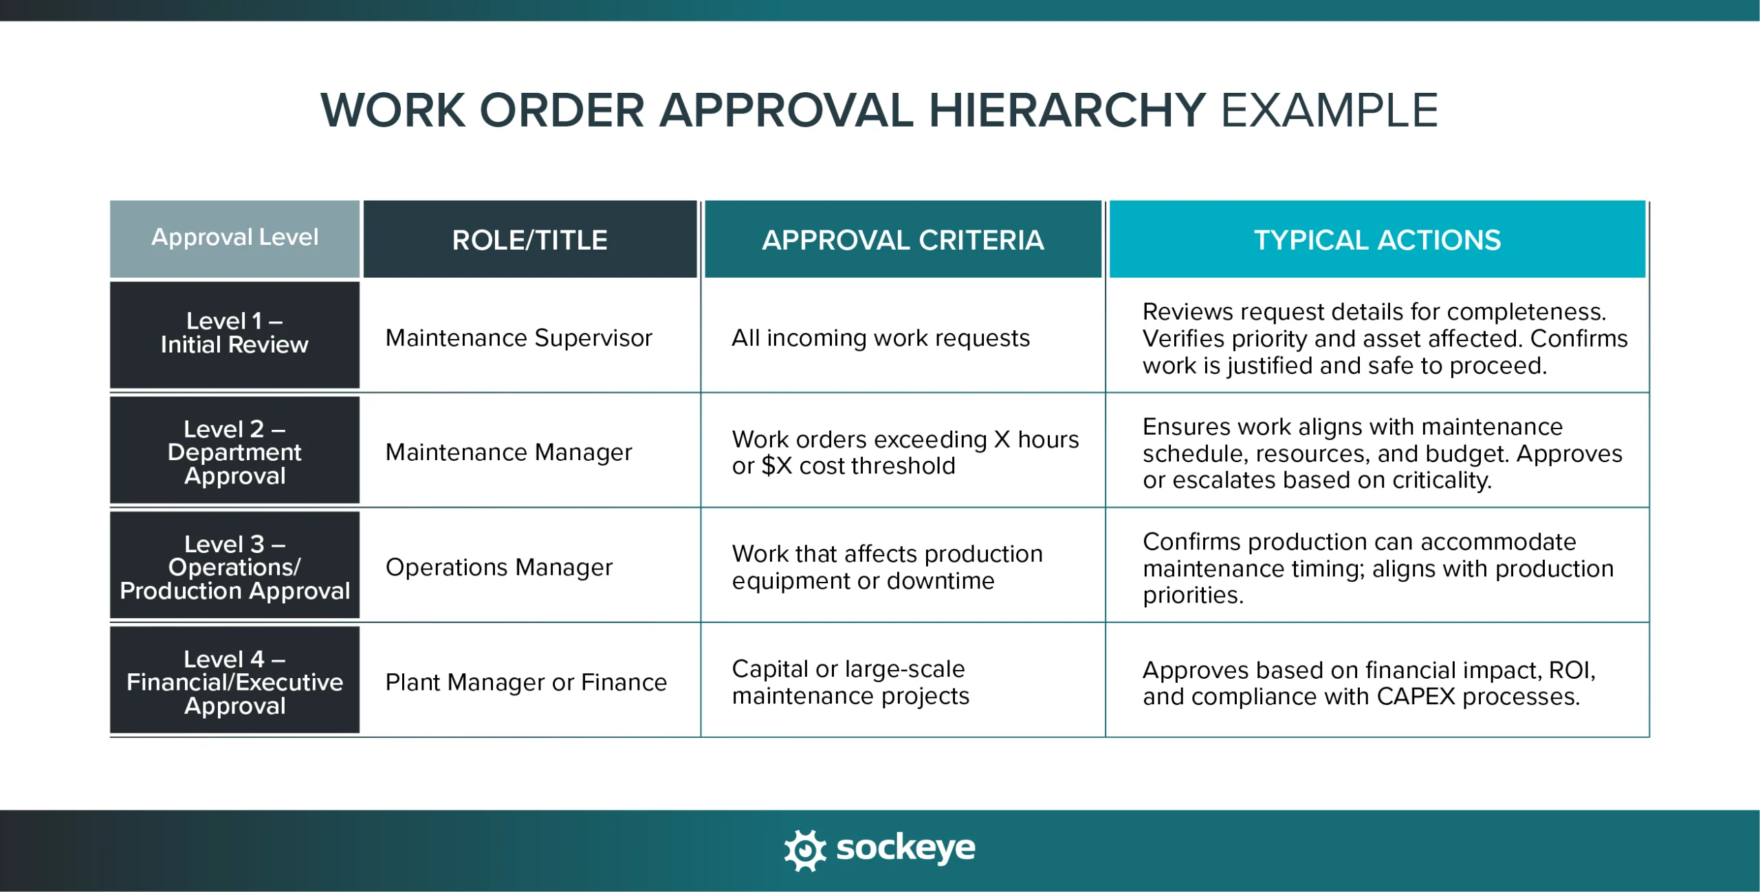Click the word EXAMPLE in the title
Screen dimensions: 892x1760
click(1328, 110)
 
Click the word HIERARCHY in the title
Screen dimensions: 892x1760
click(1067, 110)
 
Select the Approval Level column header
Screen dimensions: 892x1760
click(234, 238)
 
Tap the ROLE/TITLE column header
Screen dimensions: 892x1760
click(529, 240)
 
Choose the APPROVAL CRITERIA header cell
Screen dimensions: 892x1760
click(903, 240)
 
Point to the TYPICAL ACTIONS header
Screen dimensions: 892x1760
click(1377, 240)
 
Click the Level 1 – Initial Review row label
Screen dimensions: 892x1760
click(234, 334)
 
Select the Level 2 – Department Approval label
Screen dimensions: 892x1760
click(234, 452)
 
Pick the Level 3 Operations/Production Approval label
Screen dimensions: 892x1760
click(234, 567)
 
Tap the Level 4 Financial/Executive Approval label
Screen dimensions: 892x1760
click(234, 682)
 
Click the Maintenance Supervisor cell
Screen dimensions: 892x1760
click(518, 338)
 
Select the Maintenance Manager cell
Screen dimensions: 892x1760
click(508, 453)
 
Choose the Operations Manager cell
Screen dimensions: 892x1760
click(498, 567)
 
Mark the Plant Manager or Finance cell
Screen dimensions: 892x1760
click(526, 682)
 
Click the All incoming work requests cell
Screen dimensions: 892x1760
click(880, 338)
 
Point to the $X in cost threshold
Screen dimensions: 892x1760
click(777, 466)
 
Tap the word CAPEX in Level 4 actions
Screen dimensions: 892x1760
click(1416, 697)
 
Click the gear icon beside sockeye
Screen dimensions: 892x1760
click(804, 850)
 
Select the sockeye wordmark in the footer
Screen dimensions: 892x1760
click(905, 849)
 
